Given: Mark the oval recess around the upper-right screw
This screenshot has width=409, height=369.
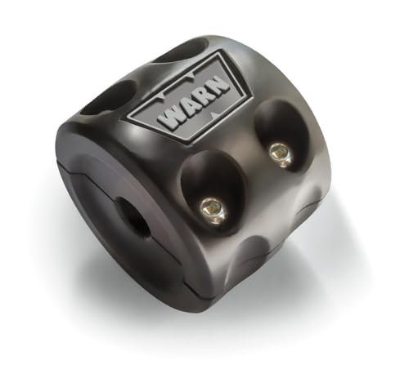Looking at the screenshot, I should [276, 139].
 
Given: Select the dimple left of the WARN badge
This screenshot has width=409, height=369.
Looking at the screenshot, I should [106, 98].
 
